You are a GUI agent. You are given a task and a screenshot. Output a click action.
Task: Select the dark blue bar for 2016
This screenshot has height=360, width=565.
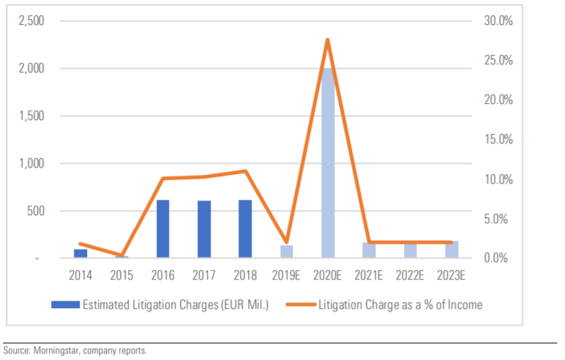click(x=162, y=229)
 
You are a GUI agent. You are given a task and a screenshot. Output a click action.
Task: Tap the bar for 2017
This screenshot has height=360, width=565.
click(x=204, y=229)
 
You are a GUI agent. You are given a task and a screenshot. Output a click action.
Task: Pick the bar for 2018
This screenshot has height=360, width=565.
click(x=245, y=229)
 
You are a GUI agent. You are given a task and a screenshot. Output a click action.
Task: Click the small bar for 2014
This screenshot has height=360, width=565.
click(x=81, y=253)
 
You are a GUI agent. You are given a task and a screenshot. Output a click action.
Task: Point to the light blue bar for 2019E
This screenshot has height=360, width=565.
click(x=286, y=252)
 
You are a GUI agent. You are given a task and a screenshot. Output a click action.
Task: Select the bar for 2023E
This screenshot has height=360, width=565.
click(x=452, y=250)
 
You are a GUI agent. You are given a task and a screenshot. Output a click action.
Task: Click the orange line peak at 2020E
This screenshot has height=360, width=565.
click(x=327, y=40)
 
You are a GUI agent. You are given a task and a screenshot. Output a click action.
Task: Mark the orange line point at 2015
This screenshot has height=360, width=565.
click(x=121, y=255)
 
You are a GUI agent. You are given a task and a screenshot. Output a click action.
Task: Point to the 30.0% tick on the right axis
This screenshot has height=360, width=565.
click(x=498, y=21)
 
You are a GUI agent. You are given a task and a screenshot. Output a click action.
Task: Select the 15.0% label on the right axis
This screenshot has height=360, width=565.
click(x=498, y=140)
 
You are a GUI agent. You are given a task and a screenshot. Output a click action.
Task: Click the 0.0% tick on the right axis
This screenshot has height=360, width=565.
click(x=500, y=258)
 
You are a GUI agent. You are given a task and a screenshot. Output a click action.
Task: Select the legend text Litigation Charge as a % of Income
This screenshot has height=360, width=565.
click(x=400, y=305)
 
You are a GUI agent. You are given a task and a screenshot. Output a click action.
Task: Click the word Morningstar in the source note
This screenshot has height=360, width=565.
click(x=56, y=350)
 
